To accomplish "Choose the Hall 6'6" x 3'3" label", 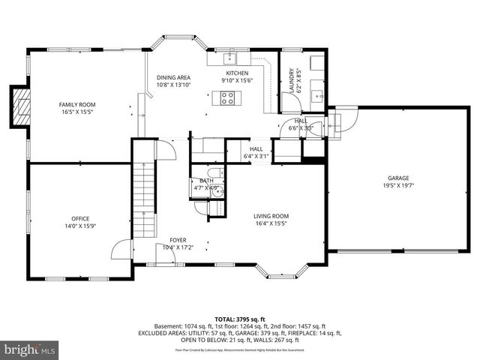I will [x=300, y=124].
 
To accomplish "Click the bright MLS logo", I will [x=30, y=349].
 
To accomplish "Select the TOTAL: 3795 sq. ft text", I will [x=239, y=319].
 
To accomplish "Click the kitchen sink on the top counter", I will [x=230, y=58].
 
